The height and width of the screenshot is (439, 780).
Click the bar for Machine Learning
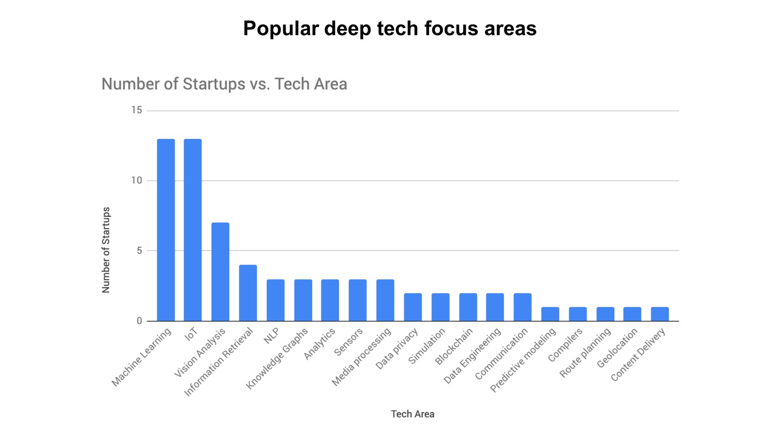[x=166, y=230]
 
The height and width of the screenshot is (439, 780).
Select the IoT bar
[x=193, y=230]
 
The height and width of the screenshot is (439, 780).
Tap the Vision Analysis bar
[x=220, y=272]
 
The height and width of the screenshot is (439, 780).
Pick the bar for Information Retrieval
[x=248, y=293]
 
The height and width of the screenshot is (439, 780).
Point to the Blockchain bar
[x=468, y=307]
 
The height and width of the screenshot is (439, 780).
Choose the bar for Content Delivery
[x=660, y=314]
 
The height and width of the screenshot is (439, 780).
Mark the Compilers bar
[x=578, y=314]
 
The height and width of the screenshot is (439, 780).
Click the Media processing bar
[x=385, y=300]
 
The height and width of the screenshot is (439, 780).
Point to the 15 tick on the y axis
[x=136, y=110]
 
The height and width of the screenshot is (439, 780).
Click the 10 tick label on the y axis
[x=136, y=180]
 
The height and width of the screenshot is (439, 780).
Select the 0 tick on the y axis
[x=139, y=321]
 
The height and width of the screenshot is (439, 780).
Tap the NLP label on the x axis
[x=272, y=336]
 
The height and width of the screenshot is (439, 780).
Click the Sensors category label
[x=349, y=341]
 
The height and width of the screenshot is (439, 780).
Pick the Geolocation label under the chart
[x=617, y=347]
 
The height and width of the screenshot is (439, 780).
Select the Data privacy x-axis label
[x=397, y=348]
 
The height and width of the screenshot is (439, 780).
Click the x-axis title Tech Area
[x=412, y=414]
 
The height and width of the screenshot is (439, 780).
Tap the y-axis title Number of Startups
[x=106, y=250]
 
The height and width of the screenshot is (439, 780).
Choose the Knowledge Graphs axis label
[x=277, y=358]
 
